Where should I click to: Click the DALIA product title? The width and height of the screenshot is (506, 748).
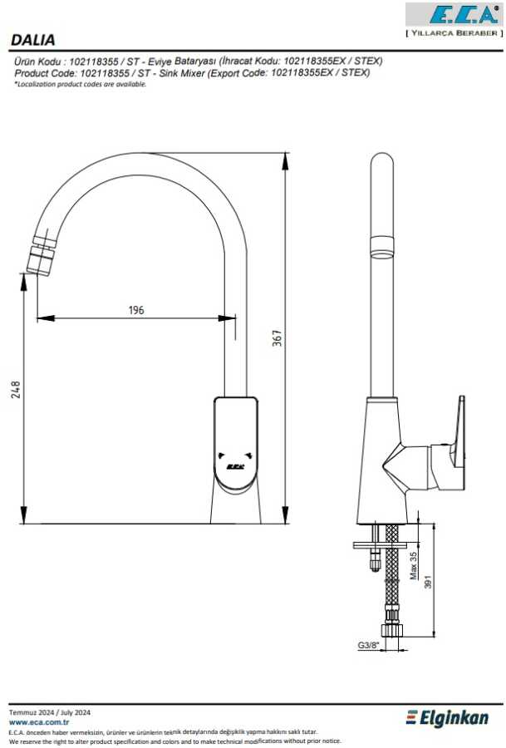[x=33, y=40]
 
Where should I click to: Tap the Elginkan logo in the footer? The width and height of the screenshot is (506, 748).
[x=447, y=718]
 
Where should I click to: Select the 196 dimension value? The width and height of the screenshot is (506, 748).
[x=136, y=310]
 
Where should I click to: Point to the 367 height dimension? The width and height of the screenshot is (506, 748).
[x=277, y=337]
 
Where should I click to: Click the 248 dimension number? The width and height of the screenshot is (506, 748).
[x=16, y=390]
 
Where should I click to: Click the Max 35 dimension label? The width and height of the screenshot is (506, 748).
[x=413, y=566]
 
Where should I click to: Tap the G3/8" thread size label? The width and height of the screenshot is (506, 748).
[x=368, y=646]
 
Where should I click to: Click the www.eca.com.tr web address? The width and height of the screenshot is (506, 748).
[x=39, y=722]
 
